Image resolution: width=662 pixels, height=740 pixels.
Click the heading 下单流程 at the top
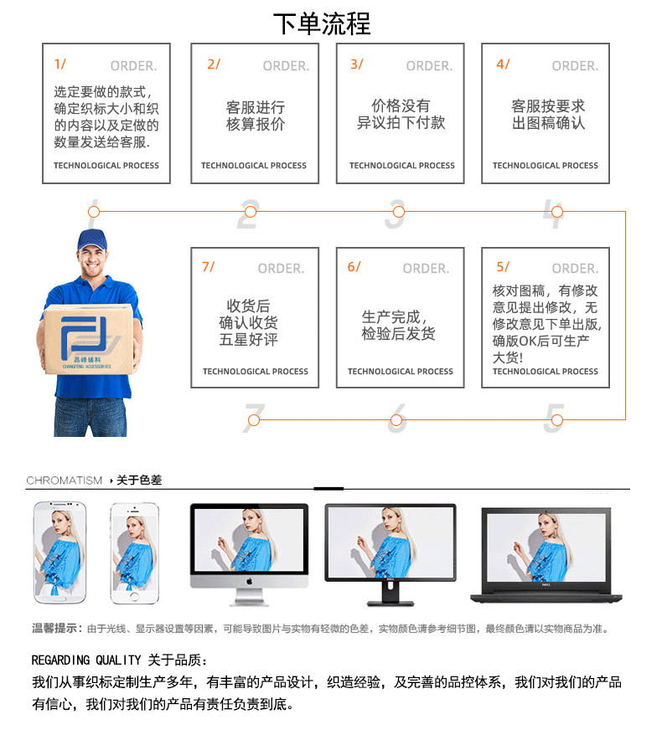click(321, 23)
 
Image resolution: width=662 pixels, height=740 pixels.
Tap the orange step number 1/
click(59, 64)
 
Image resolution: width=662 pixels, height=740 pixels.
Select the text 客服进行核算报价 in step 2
click(255, 116)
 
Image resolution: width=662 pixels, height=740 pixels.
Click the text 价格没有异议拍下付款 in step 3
click(401, 114)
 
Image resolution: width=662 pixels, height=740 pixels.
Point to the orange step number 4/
click(502, 64)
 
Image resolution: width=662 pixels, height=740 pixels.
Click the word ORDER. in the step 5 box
click(575, 269)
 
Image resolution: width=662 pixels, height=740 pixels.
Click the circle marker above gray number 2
click(250, 212)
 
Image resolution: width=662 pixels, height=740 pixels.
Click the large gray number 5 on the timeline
click(553, 419)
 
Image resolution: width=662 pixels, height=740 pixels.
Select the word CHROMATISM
click(65, 480)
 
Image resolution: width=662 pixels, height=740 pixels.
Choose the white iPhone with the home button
click(134, 552)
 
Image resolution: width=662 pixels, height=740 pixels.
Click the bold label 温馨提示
click(56, 628)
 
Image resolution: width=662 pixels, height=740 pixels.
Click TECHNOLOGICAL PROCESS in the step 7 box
click(255, 372)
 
